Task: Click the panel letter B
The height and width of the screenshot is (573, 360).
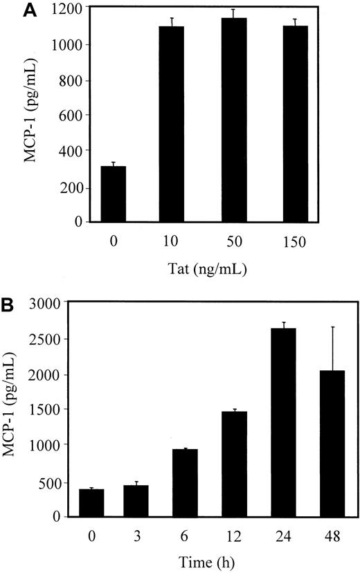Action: (x=10, y=304)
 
